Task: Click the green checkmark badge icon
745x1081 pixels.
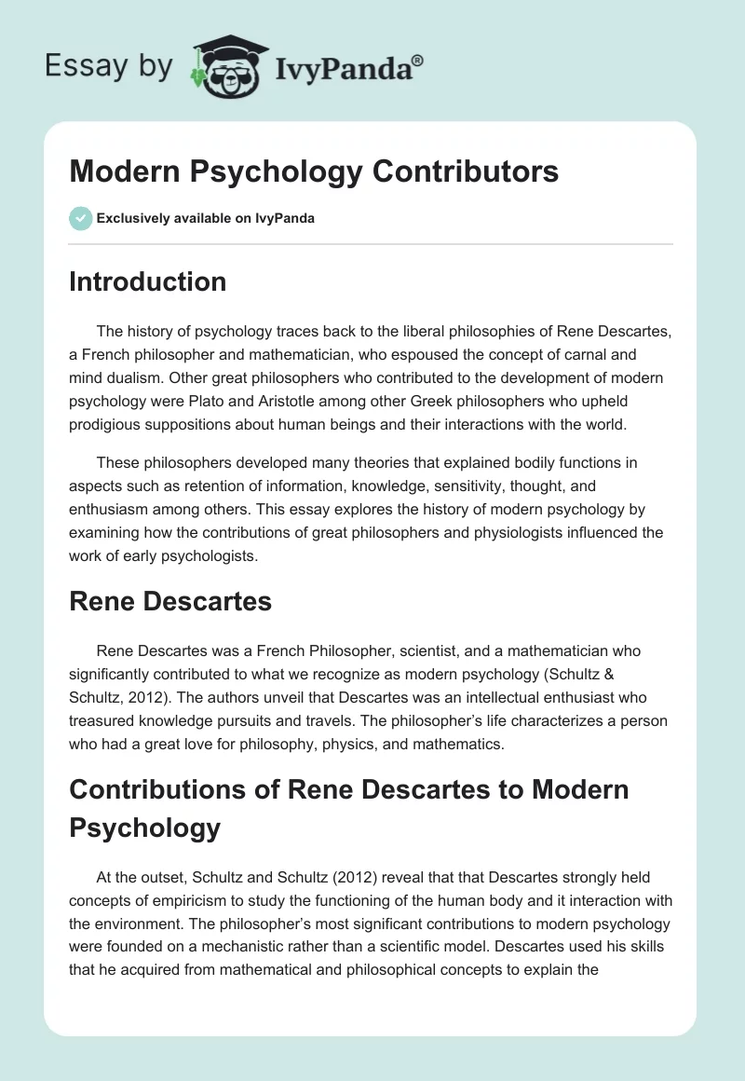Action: click(x=80, y=219)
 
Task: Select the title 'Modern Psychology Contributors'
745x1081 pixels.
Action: click(x=314, y=171)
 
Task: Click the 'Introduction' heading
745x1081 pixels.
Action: click(x=147, y=281)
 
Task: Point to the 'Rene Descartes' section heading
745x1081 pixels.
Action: click(x=170, y=601)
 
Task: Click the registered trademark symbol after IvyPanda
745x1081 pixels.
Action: click(x=418, y=60)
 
